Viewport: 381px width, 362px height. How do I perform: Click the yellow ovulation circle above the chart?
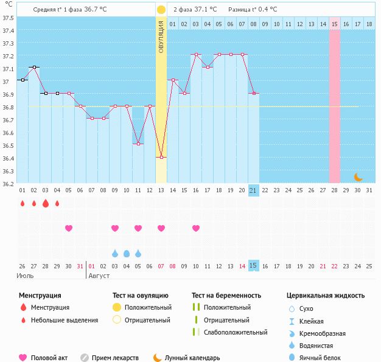click(x=161, y=10)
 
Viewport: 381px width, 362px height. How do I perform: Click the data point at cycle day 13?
click(x=161, y=158)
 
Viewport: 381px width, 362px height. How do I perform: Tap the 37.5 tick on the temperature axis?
click(x=8, y=18)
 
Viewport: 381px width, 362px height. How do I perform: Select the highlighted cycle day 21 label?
click(x=254, y=190)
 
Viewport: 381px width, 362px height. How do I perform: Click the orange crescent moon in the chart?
click(x=358, y=177)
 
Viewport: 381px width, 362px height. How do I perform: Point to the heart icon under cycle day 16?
click(x=196, y=228)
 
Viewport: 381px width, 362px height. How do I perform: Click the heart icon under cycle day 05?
click(x=69, y=228)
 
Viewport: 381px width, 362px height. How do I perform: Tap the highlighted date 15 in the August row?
click(x=254, y=266)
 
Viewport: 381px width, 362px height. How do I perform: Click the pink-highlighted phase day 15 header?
click(x=335, y=24)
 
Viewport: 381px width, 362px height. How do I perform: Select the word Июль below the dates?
click(x=24, y=276)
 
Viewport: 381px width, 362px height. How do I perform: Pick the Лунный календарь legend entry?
click(x=192, y=358)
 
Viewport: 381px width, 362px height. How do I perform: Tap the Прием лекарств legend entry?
click(x=115, y=358)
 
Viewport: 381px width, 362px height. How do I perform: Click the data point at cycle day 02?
click(x=34, y=68)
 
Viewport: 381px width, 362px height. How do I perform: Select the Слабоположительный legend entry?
click(x=236, y=332)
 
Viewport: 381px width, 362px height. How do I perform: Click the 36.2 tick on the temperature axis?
click(x=8, y=184)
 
